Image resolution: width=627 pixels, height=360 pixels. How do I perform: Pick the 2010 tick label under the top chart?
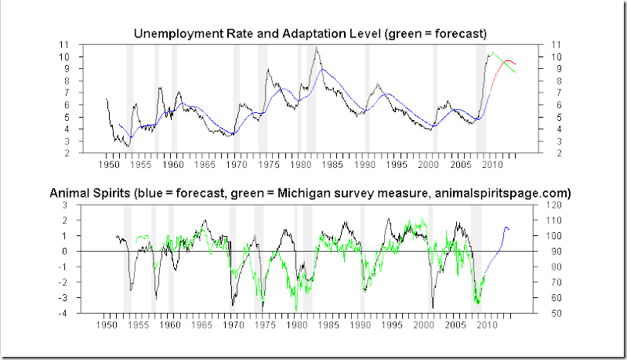tap(491, 166)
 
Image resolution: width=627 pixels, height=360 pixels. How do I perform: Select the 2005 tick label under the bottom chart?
tap(458, 324)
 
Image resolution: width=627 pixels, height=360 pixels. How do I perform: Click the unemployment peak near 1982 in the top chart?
tap(317, 49)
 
